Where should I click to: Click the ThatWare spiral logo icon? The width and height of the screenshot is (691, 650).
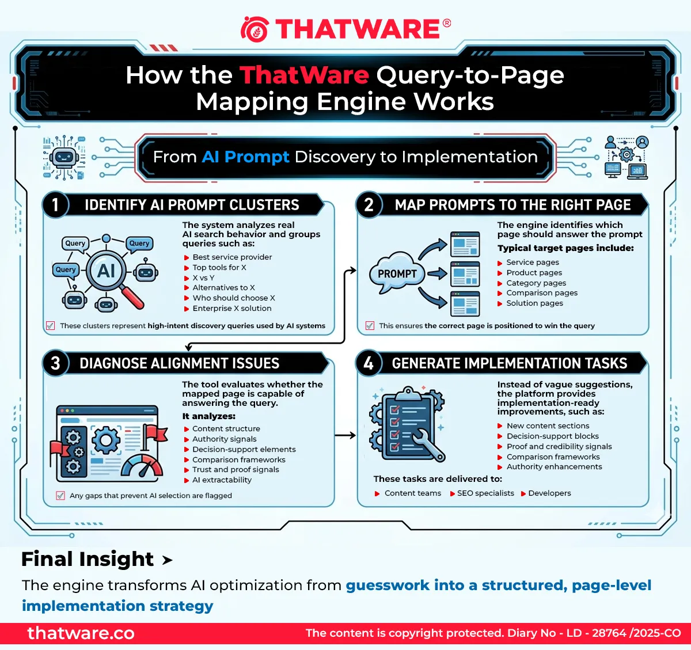255,29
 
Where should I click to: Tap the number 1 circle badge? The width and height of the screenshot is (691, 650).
55,204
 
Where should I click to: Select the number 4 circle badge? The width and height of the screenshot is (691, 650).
369,363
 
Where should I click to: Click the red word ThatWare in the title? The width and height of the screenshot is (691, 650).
304,75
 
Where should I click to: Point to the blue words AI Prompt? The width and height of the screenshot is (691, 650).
245,157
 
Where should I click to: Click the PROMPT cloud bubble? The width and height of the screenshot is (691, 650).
397,273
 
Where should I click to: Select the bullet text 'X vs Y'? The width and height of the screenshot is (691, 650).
203,278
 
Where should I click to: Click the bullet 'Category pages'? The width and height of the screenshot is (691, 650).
536,283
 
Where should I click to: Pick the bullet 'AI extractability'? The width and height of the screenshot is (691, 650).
222,480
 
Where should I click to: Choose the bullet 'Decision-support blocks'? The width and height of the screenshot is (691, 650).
553,436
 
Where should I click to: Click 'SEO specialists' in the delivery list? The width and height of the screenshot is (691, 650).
485,493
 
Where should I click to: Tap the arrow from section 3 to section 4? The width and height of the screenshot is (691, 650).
345,435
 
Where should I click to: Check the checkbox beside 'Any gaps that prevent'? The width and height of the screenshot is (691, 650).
60,495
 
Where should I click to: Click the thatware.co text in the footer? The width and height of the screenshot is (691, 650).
81,633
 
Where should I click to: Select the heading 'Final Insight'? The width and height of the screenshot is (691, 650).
88,559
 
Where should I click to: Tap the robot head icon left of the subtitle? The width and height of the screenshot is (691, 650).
64,158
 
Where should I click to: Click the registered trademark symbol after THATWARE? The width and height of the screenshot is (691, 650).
446,23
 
